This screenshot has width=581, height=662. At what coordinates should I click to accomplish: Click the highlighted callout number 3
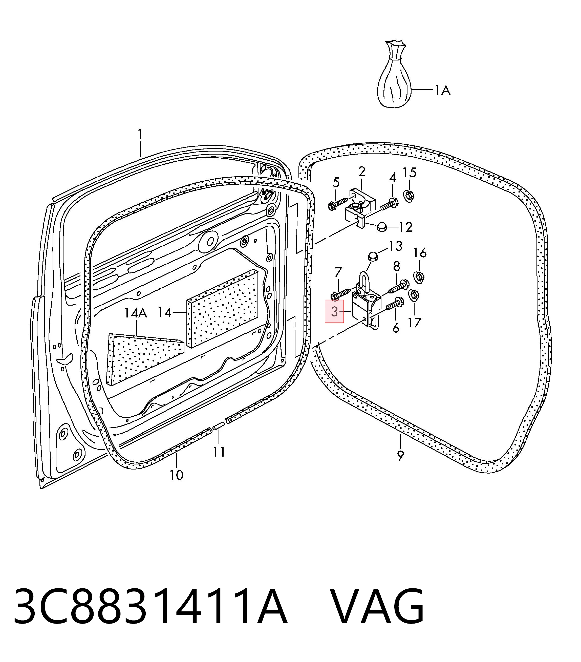(334, 312)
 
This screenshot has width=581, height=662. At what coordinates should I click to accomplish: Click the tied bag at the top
(394, 74)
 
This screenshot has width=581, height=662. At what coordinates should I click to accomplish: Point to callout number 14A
(136, 313)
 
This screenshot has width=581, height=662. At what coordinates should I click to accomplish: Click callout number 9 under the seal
(400, 455)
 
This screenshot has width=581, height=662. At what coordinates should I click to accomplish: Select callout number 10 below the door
(177, 475)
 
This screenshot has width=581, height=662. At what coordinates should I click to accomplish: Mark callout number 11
(219, 452)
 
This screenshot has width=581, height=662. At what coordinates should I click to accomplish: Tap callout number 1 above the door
(140, 134)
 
